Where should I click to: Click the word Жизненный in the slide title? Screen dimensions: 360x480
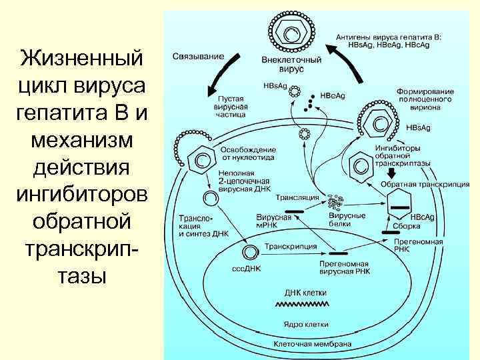82,58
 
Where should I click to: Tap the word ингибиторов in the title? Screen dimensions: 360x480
82,195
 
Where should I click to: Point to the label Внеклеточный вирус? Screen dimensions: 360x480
291,64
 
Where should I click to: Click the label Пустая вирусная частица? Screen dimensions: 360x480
230,106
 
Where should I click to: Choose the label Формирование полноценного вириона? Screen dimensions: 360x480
425,99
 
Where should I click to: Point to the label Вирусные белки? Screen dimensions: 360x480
347,220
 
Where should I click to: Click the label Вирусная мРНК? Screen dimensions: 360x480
274,221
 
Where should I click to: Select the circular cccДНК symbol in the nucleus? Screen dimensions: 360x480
250,252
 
